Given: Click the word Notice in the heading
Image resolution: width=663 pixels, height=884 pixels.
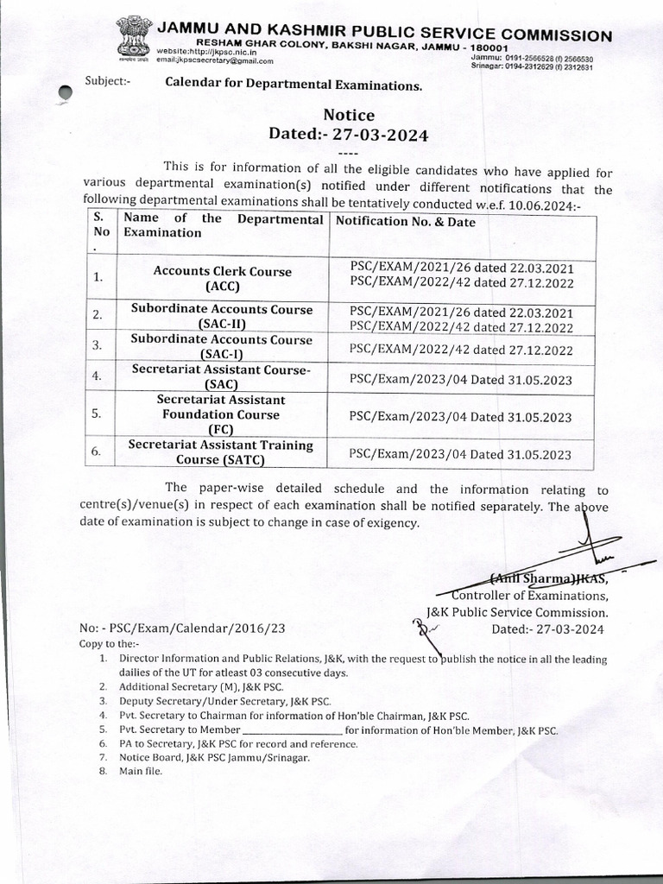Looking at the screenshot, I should pos(349,116).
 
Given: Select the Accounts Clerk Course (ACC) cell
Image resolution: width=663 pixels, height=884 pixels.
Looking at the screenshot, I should pos(222,279).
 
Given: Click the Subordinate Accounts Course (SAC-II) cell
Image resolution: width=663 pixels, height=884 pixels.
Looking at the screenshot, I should pos(222,316).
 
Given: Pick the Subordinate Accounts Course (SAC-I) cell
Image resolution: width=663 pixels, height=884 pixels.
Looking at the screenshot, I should pos(222,347).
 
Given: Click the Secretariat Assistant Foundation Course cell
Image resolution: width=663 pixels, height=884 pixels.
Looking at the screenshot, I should pos(222,414).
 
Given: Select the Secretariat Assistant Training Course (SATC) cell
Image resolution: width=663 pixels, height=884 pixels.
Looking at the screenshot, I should pos(222,452).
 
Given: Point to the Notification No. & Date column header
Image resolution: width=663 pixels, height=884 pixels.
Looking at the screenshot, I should pos(405,222).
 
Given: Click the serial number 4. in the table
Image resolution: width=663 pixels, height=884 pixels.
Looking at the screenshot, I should pos(98,376).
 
